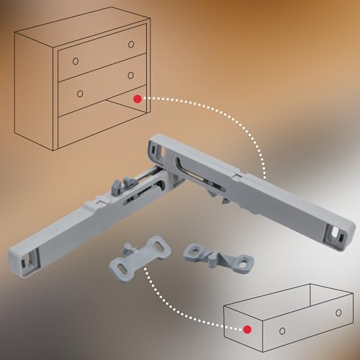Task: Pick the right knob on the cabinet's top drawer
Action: [x=131, y=44]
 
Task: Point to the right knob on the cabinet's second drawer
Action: [x=132, y=74]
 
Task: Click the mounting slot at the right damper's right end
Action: [x=339, y=232]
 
